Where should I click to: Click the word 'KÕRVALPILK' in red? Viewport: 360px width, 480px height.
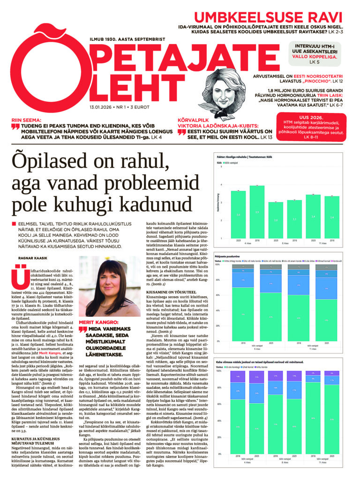tap(192, 120)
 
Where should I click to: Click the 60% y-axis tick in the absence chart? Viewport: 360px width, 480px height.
tap(217, 295)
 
